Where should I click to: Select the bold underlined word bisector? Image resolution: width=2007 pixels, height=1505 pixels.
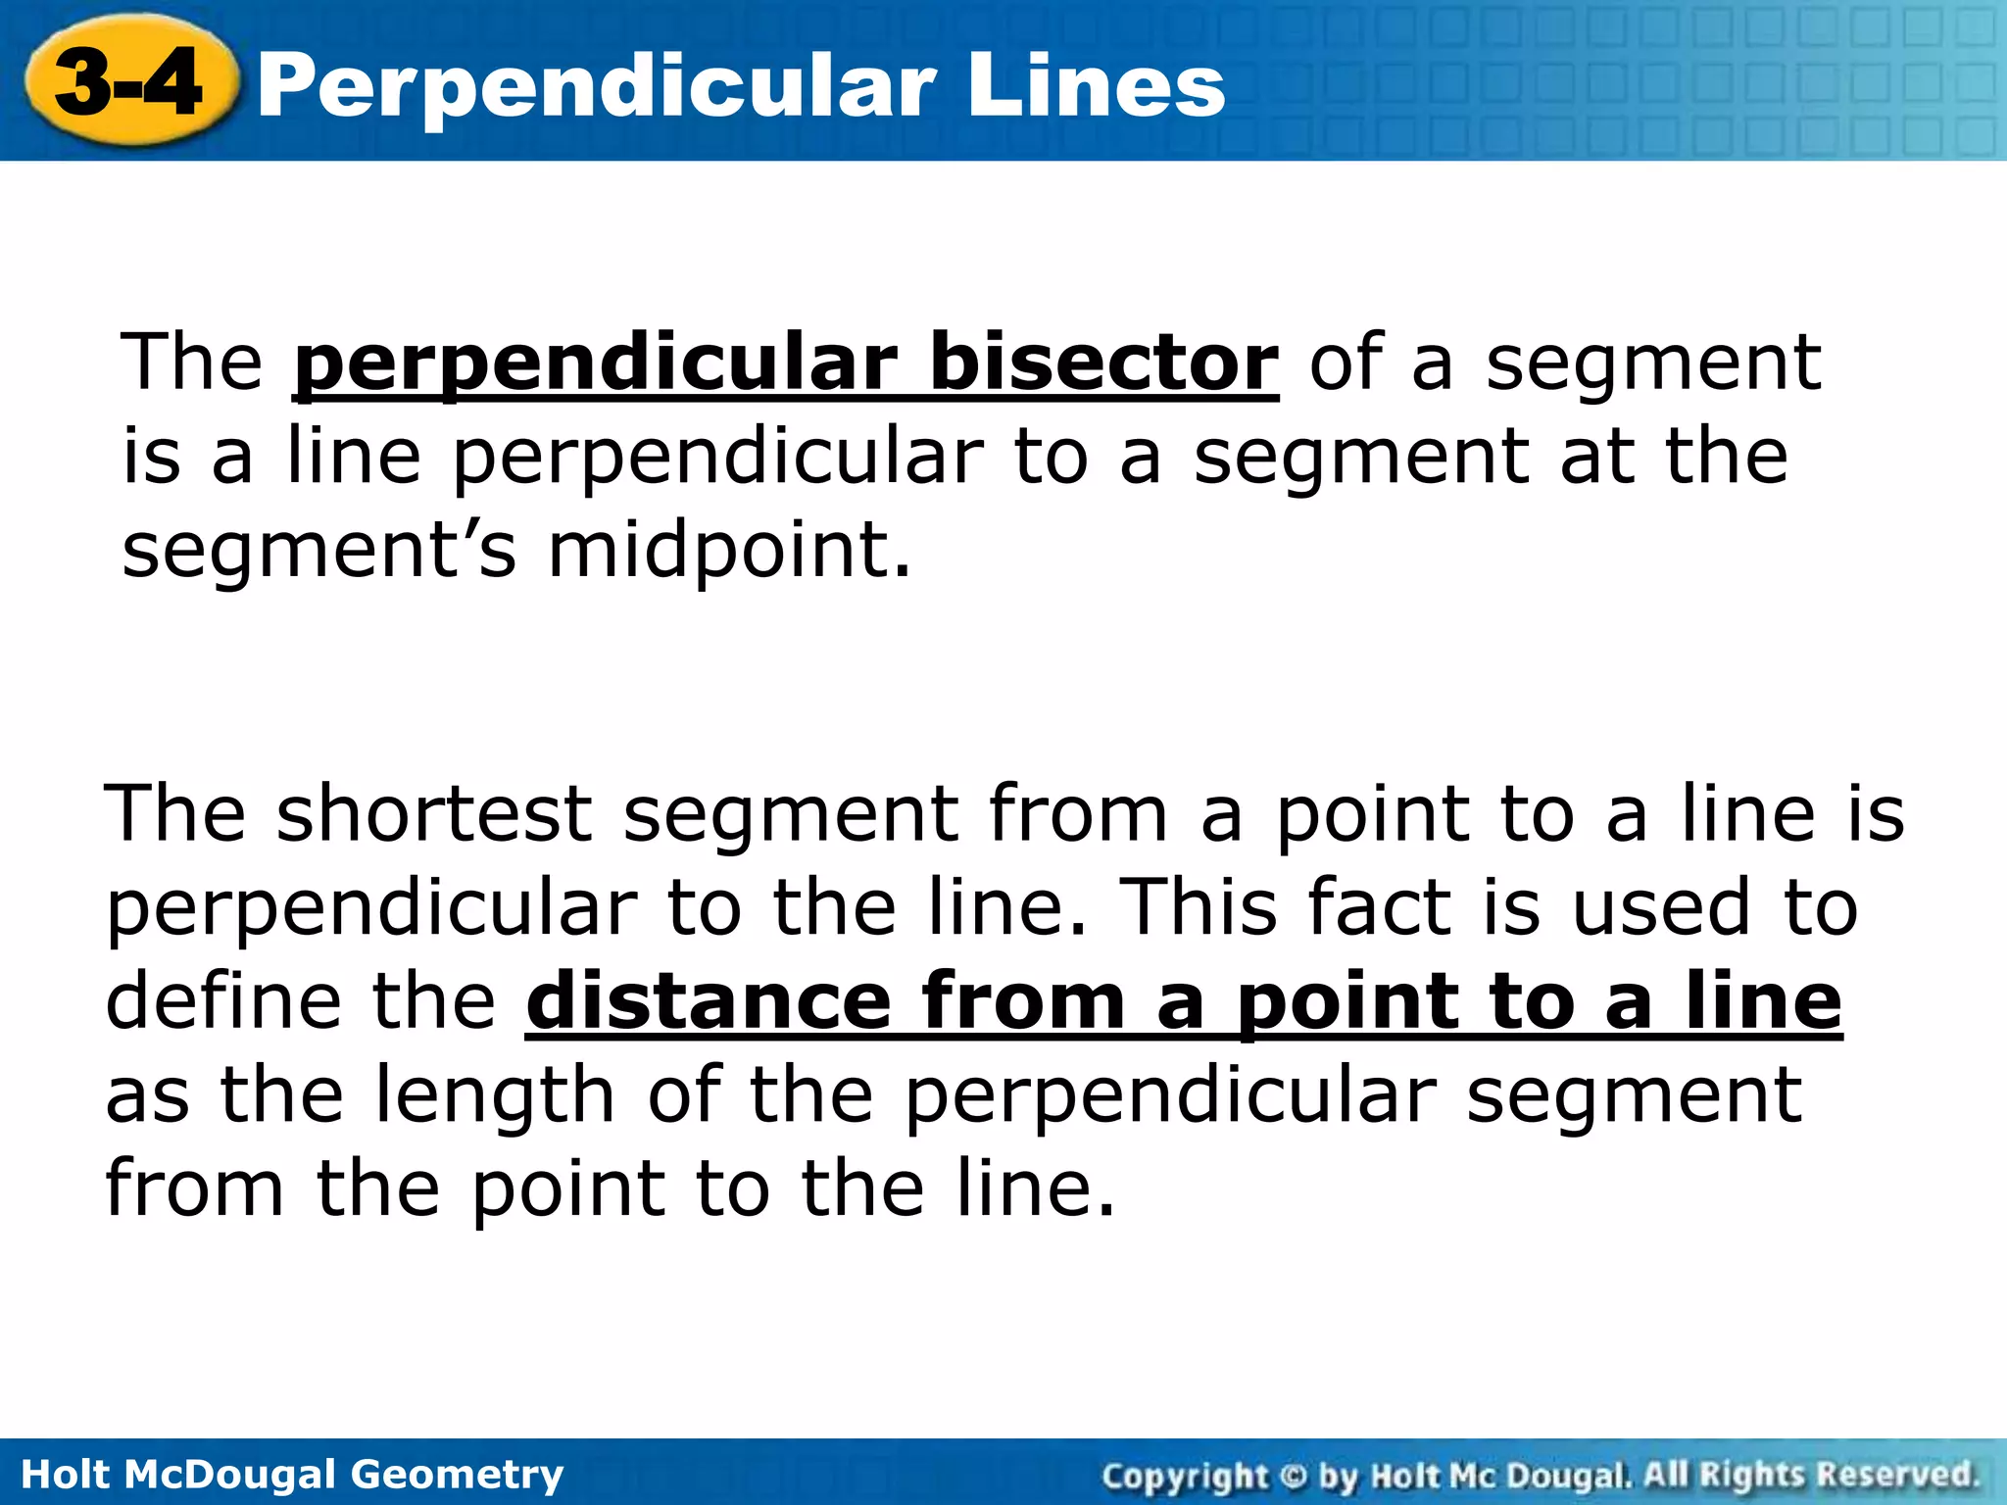[x=1102, y=363]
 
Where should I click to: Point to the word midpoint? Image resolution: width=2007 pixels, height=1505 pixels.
[x=729, y=551]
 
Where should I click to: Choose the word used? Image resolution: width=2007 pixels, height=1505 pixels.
[x=1661, y=907]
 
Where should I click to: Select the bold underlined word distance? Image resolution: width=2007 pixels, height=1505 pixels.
[x=708, y=1000]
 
